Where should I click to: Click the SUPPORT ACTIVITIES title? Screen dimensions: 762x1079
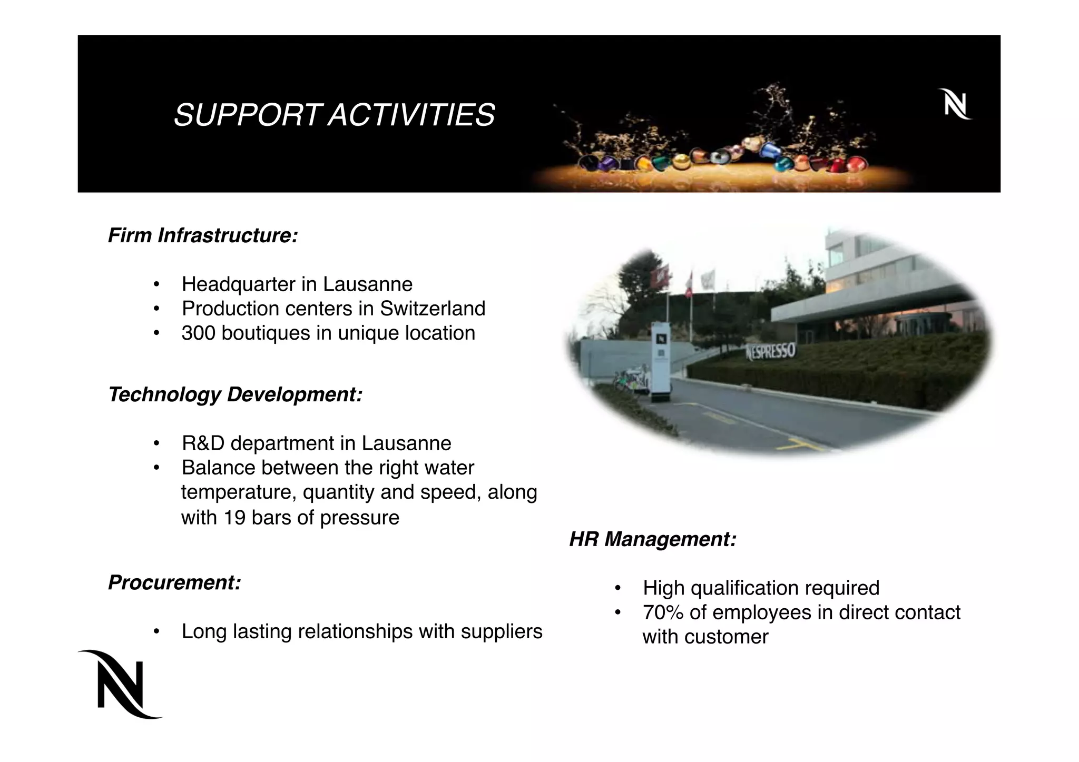[334, 115]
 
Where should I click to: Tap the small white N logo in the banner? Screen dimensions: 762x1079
[955, 104]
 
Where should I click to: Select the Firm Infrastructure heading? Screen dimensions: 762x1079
[203, 235]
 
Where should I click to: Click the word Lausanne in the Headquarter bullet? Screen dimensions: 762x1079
[367, 284]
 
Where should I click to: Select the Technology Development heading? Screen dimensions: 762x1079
[235, 394]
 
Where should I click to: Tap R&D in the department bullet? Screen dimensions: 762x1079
[203, 443]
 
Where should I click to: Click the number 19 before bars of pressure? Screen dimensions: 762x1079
[234, 518]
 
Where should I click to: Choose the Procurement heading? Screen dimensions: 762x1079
[174, 582]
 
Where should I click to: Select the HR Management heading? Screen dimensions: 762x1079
[652, 539]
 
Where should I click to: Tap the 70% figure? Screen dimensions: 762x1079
[663, 612]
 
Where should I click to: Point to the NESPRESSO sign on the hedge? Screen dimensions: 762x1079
[770, 351]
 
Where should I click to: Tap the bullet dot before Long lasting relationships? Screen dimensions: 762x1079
[156, 632]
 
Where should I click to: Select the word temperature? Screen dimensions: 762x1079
[239, 492]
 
